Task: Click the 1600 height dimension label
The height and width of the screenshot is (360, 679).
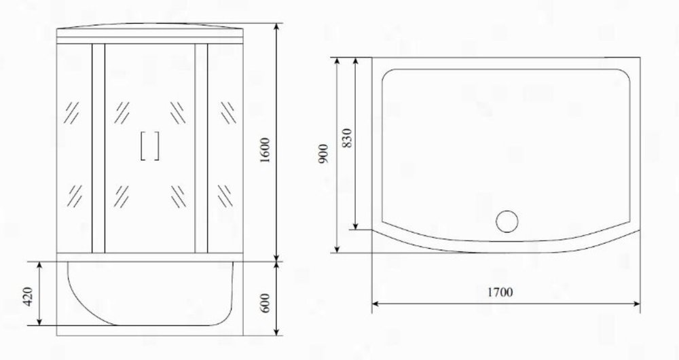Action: coord(265,150)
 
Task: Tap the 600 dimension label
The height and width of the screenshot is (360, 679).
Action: coord(265,302)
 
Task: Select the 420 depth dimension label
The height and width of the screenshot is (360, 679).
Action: coord(27,296)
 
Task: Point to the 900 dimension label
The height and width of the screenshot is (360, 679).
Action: coord(323,154)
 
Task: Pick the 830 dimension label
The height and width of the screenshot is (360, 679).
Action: coord(347,138)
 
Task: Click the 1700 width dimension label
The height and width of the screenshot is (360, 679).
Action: coord(500,293)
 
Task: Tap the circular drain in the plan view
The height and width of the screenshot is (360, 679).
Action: coord(507,221)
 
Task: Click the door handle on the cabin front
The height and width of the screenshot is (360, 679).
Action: coord(150,146)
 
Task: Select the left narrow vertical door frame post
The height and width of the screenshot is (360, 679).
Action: coord(98,148)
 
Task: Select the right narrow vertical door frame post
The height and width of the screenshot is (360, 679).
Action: coord(202,148)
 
